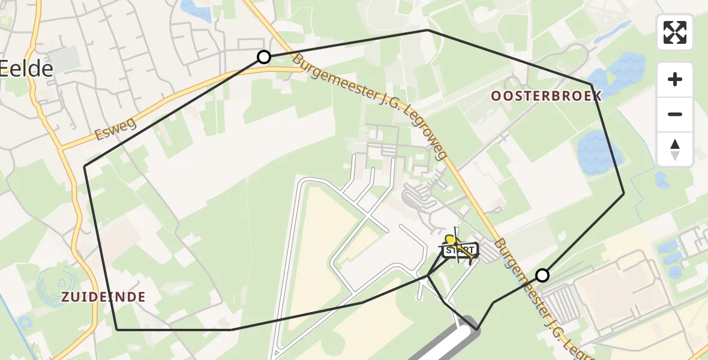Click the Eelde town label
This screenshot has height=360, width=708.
coord(26,68)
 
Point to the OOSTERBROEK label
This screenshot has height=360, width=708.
coord(546,96)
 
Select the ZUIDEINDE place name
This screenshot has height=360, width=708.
coord(103,296)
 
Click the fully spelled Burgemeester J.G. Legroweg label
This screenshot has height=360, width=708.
coord(370,108)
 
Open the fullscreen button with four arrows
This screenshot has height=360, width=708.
coord(675,32)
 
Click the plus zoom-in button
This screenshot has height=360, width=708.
coord(675,79)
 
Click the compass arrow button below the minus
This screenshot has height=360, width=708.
coord(675,149)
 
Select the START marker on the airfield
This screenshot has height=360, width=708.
coord(460,250)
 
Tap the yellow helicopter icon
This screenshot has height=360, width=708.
coord(451,241)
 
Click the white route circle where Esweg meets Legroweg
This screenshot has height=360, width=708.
coord(264,57)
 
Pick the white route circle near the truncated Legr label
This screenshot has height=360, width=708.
coord(542,275)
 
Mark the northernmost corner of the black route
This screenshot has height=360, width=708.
coord(427,29)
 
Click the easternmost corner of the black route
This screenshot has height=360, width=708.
coord(624,193)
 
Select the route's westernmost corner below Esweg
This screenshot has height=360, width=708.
coord(85,166)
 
